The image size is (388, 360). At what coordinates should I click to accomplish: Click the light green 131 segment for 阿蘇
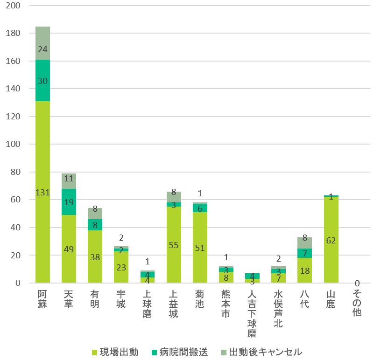click(x=42, y=192)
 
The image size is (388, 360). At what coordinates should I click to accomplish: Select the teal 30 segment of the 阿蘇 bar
click(x=42, y=81)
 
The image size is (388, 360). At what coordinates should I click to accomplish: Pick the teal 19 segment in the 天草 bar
click(x=69, y=202)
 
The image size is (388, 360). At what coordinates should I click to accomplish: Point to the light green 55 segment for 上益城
click(x=174, y=245)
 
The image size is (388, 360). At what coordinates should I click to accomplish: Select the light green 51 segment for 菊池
click(x=200, y=248)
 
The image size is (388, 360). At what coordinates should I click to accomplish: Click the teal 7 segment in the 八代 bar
click(x=304, y=253)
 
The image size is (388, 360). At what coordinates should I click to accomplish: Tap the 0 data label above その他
click(x=357, y=283)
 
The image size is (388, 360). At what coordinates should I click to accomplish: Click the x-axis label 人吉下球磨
click(x=252, y=313)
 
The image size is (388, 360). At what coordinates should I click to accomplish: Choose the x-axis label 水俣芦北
click(x=278, y=308)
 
